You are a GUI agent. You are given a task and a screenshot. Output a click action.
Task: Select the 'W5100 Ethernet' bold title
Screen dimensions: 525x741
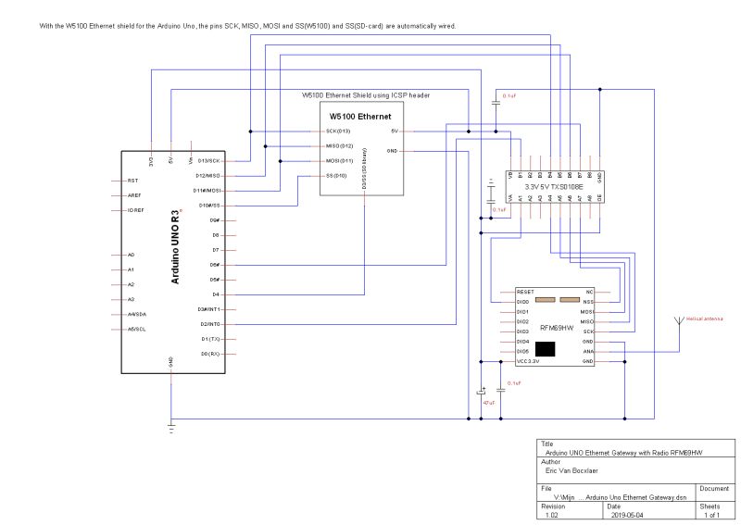pyautogui.click(x=360, y=117)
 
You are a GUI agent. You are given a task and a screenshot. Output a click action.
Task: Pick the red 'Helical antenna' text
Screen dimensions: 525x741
pyautogui.click(x=703, y=319)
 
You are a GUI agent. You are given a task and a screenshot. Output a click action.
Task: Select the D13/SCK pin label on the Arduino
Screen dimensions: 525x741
pyautogui.click(x=207, y=160)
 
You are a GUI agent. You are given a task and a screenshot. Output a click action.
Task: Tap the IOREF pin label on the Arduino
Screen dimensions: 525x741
pyautogui.click(x=134, y=210)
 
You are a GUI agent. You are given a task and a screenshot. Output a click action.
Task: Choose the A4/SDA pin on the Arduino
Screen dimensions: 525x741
pyautogui.click(x=137, y=314)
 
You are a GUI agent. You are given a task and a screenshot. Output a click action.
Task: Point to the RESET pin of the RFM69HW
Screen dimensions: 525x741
pyautogui.click(x=526, y=291)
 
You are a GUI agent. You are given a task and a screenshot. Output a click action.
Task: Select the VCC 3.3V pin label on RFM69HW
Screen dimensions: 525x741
pyautogui.click(x=534, y=362)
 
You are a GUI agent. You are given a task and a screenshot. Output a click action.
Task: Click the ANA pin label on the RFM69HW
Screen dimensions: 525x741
pyautogui.click(x=587, y=352)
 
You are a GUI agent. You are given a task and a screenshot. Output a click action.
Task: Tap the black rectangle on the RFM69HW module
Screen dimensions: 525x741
pyautogui.click(x=546, y=348)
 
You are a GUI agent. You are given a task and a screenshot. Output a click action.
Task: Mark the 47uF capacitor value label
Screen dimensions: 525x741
pyautogui.click(x=488, y=403)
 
